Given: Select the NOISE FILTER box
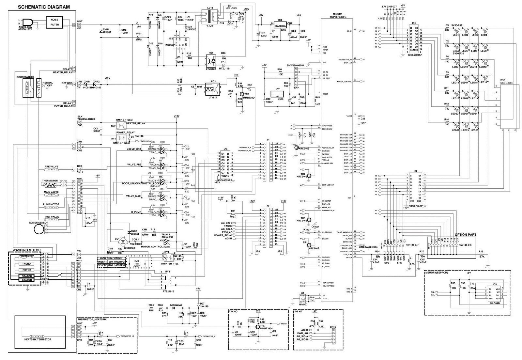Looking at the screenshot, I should click(54, 22).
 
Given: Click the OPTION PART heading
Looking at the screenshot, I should click(465, 235).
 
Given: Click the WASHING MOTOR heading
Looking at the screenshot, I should click(27, 250).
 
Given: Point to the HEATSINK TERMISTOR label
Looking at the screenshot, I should click(38, 339).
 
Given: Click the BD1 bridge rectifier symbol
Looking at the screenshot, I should click(123, 242).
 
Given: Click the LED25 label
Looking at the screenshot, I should click(474, 131).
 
